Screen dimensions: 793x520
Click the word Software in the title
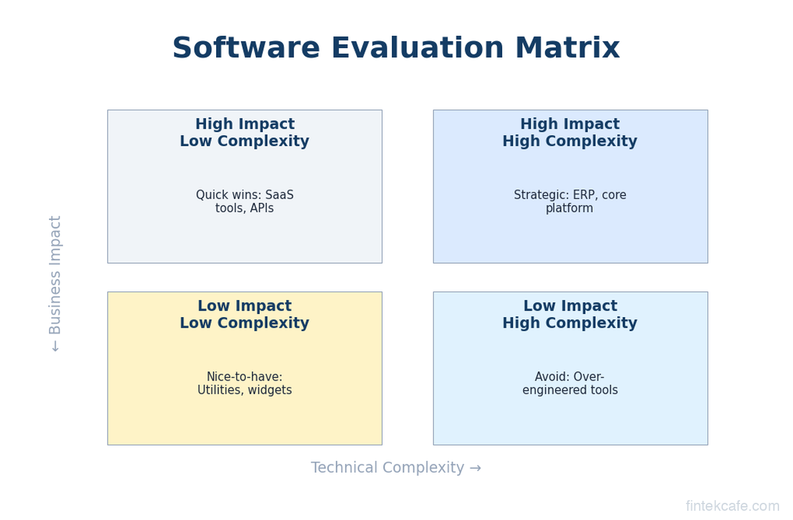click(x=246, y=48)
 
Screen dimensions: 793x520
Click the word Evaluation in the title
click(x=418, y=48)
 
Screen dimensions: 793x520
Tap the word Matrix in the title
click(x=568, y=48)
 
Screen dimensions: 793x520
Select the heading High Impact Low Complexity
click(x=245, y=132)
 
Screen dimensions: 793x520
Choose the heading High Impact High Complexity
click(x=570, y=132)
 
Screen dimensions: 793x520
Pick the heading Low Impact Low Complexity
click(x=245, y=315)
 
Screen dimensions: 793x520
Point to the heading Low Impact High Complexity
click(x=570, y=315)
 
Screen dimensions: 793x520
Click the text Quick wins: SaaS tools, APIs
click(x=245, y=202)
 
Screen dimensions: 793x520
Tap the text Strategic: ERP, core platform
click(x=570, y=202)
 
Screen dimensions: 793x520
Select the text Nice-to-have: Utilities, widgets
click(x=245, y=383)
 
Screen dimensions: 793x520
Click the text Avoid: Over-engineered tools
click(x=570, y=383)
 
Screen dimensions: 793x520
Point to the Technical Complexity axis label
click(x=387, y=467)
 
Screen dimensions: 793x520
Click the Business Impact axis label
click(x=55, y=275)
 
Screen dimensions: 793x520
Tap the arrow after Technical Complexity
click(x=475, y=468)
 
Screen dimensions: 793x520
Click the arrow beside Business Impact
click(x=56, y=346)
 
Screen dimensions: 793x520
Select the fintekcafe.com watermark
click(x=732, y=506)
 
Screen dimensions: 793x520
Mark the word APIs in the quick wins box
click(x=262, y=208)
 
